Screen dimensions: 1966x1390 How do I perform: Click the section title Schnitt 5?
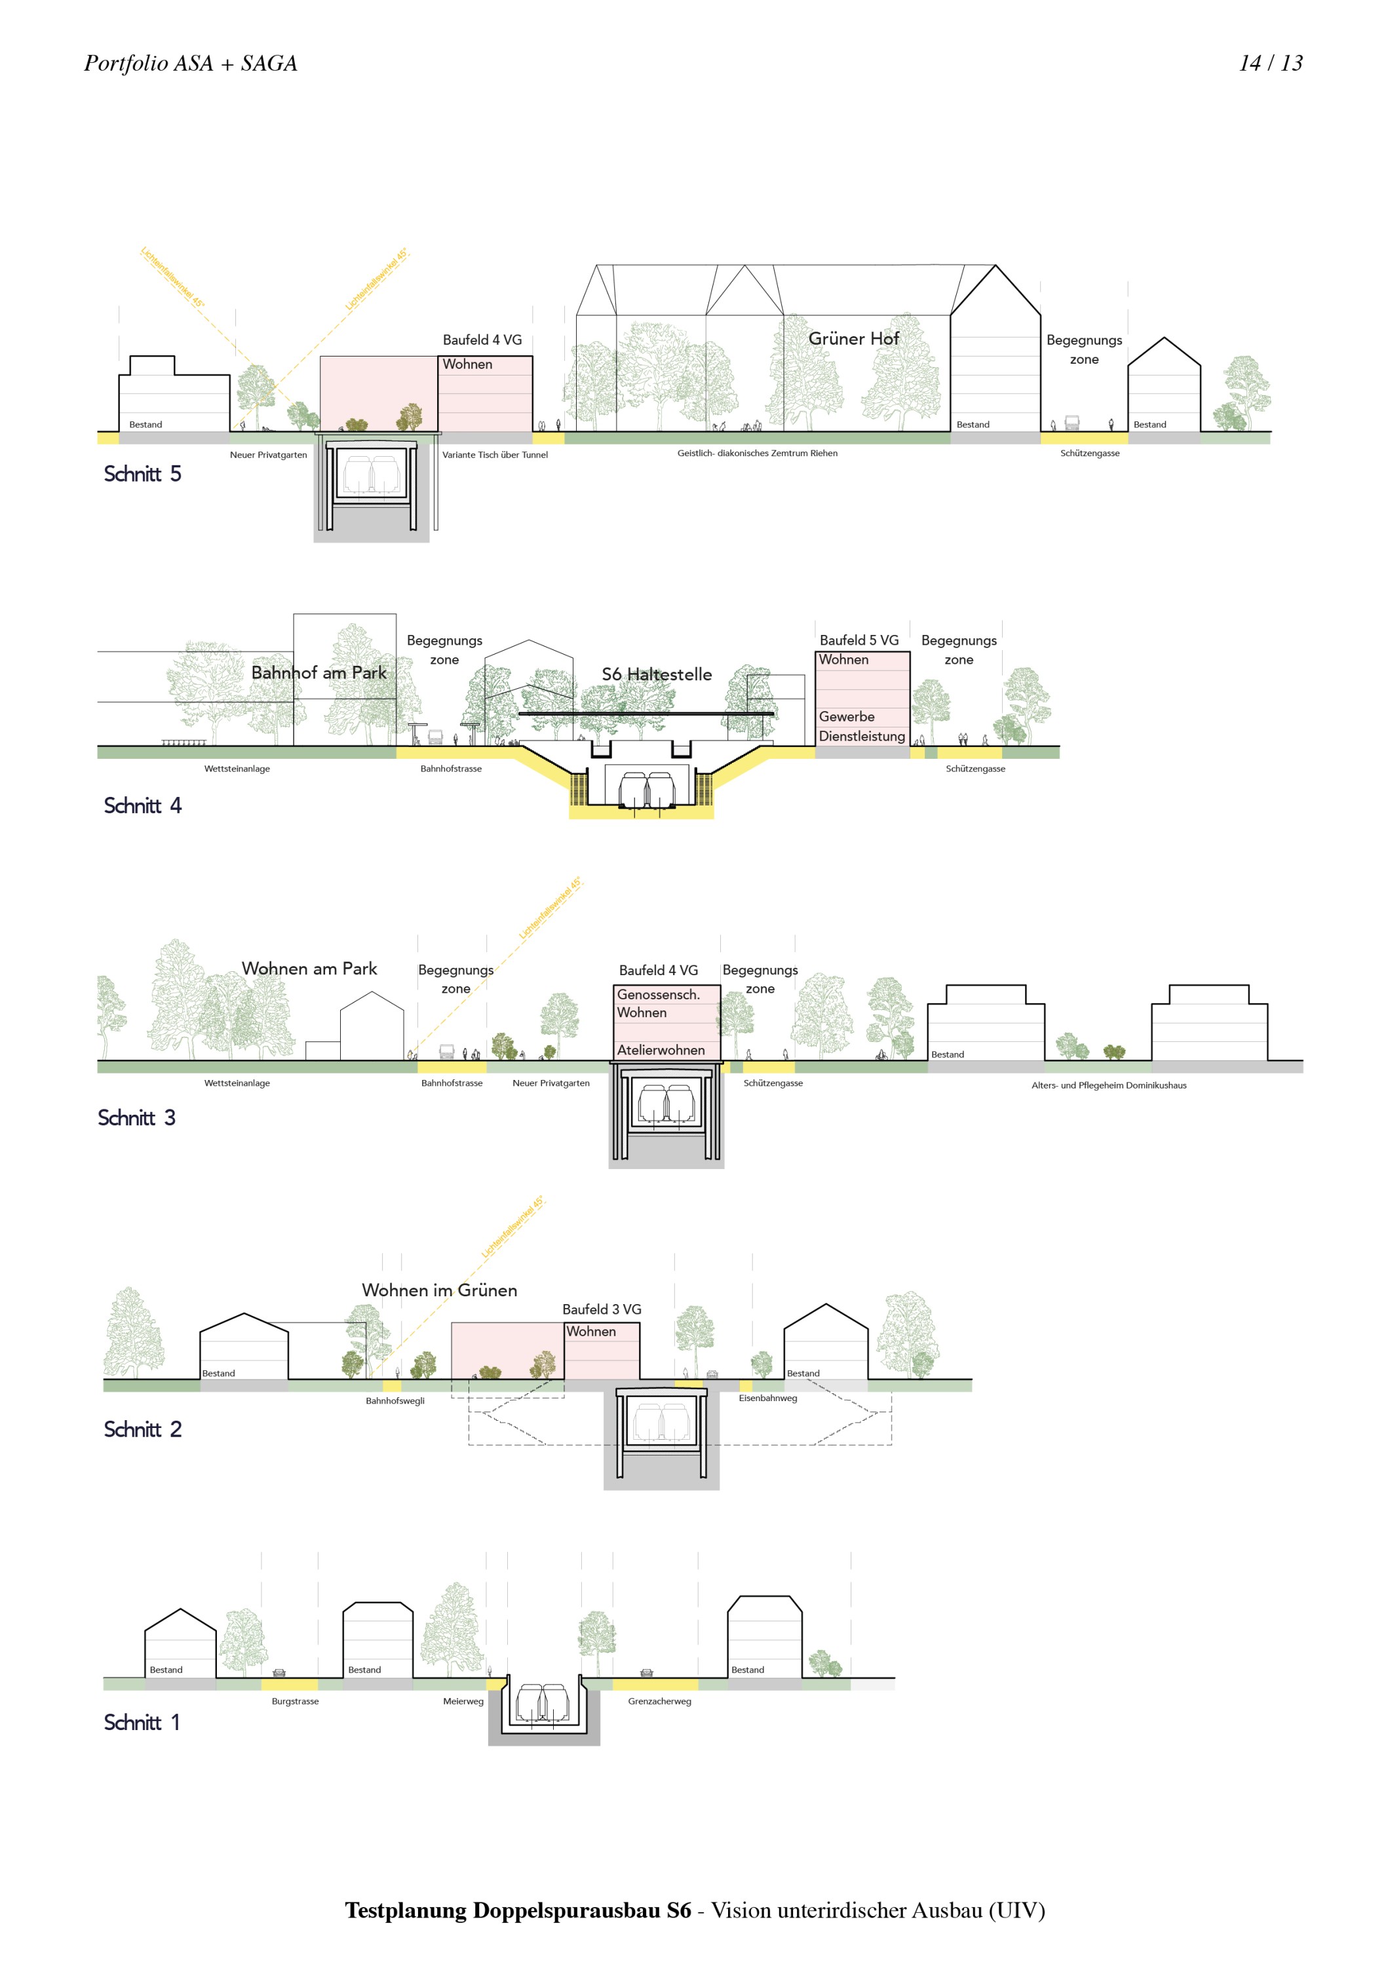pyautogui.click(x=142, y=474)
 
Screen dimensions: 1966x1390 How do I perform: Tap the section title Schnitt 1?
pyautogui.click(x=142, y=1722)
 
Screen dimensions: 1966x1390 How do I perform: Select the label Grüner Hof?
pyautogui.click(x=853, y=339)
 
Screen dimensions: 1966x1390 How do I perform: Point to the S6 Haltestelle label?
pyautogui.click(x=657, y=675)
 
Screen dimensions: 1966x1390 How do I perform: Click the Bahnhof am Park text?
pyautogui.click(x=319, y=673)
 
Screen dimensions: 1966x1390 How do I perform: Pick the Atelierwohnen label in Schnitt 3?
pyautogui.click(x=661, y=1050)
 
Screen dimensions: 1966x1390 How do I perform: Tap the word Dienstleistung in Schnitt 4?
pyautogui.click(x=862, y=737)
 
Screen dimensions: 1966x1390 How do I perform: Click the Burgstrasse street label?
pyautogui.click(x=295, y=1701)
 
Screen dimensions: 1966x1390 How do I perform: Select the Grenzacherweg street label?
pyautogui.click(x=659, y=1701)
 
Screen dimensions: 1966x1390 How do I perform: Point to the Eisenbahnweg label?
pyautogui.click(x=767, y=1398)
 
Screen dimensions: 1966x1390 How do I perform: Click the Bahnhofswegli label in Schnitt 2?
pyautogui.click(x=395, y=1401)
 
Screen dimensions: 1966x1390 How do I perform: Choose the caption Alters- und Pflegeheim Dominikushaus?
pyautogui.click(x=1108, y=1086)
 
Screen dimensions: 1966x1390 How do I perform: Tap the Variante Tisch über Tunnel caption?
pyautogui.click(x=494, y=455)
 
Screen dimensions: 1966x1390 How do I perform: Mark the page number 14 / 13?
pyautogui.click(x=1270, y=64)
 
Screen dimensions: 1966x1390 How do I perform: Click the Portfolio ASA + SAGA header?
pyautogui.click(x=190, y=64)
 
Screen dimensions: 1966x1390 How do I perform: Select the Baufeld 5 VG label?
pyautogui.click(x=859, y=640)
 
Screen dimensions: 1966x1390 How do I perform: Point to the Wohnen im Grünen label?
pyautogui.click(x=439, y=1290)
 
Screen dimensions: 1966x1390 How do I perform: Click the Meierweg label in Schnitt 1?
pyautogui.click(x=463, y=1701)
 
